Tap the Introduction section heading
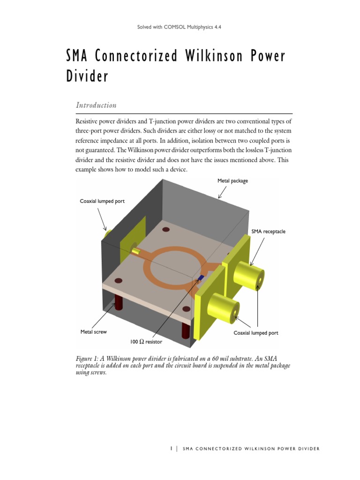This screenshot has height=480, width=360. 96,105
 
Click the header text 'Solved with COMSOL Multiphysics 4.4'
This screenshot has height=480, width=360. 179,27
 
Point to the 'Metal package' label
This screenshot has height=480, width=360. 232,180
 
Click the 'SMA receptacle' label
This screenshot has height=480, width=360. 268,232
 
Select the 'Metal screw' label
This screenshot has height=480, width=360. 94,332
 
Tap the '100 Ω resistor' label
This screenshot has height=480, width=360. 147,342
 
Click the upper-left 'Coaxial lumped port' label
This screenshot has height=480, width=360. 102,201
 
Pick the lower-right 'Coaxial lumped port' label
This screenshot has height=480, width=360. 256,333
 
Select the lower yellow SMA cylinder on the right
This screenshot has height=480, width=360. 224,307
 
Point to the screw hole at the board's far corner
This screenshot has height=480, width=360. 165,230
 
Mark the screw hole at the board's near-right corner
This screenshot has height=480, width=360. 186,309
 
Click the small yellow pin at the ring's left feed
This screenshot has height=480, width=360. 136,252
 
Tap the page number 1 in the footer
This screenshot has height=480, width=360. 172,449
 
